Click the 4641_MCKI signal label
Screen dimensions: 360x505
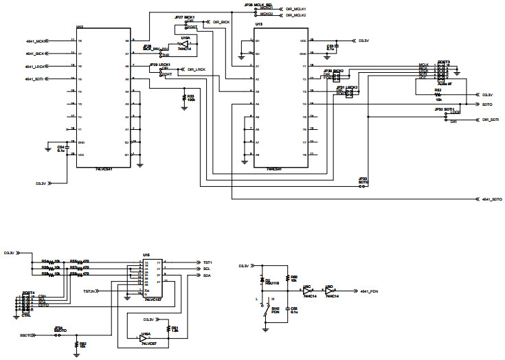pos(36,41)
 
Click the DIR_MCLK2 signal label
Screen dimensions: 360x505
pos(295,14)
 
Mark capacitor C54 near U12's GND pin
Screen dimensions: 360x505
pos(60,147)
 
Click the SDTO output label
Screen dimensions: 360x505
pos(486,104)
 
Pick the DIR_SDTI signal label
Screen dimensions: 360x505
pos(489,120)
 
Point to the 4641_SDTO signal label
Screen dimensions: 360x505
pos(491,199)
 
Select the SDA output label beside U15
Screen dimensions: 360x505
pos(207,275)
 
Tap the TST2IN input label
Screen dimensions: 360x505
pos(89,291)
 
